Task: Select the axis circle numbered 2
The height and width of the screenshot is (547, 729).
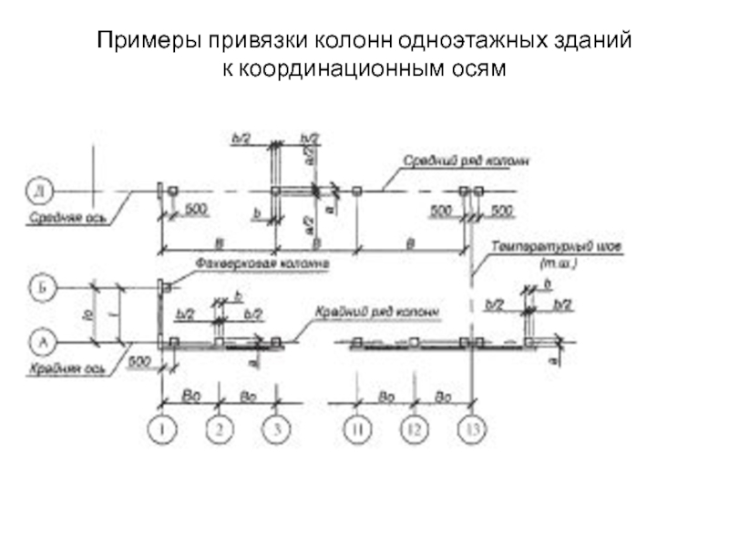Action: click(x=219, y=427)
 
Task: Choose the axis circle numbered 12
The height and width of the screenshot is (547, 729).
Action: click(x=413, y=427)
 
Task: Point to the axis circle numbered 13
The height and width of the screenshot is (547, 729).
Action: click(x=471, y=427)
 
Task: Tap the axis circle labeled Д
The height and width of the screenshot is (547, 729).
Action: click(x=41, y=191)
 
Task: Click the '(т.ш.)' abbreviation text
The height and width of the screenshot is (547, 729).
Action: click(x=558, y=263)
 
